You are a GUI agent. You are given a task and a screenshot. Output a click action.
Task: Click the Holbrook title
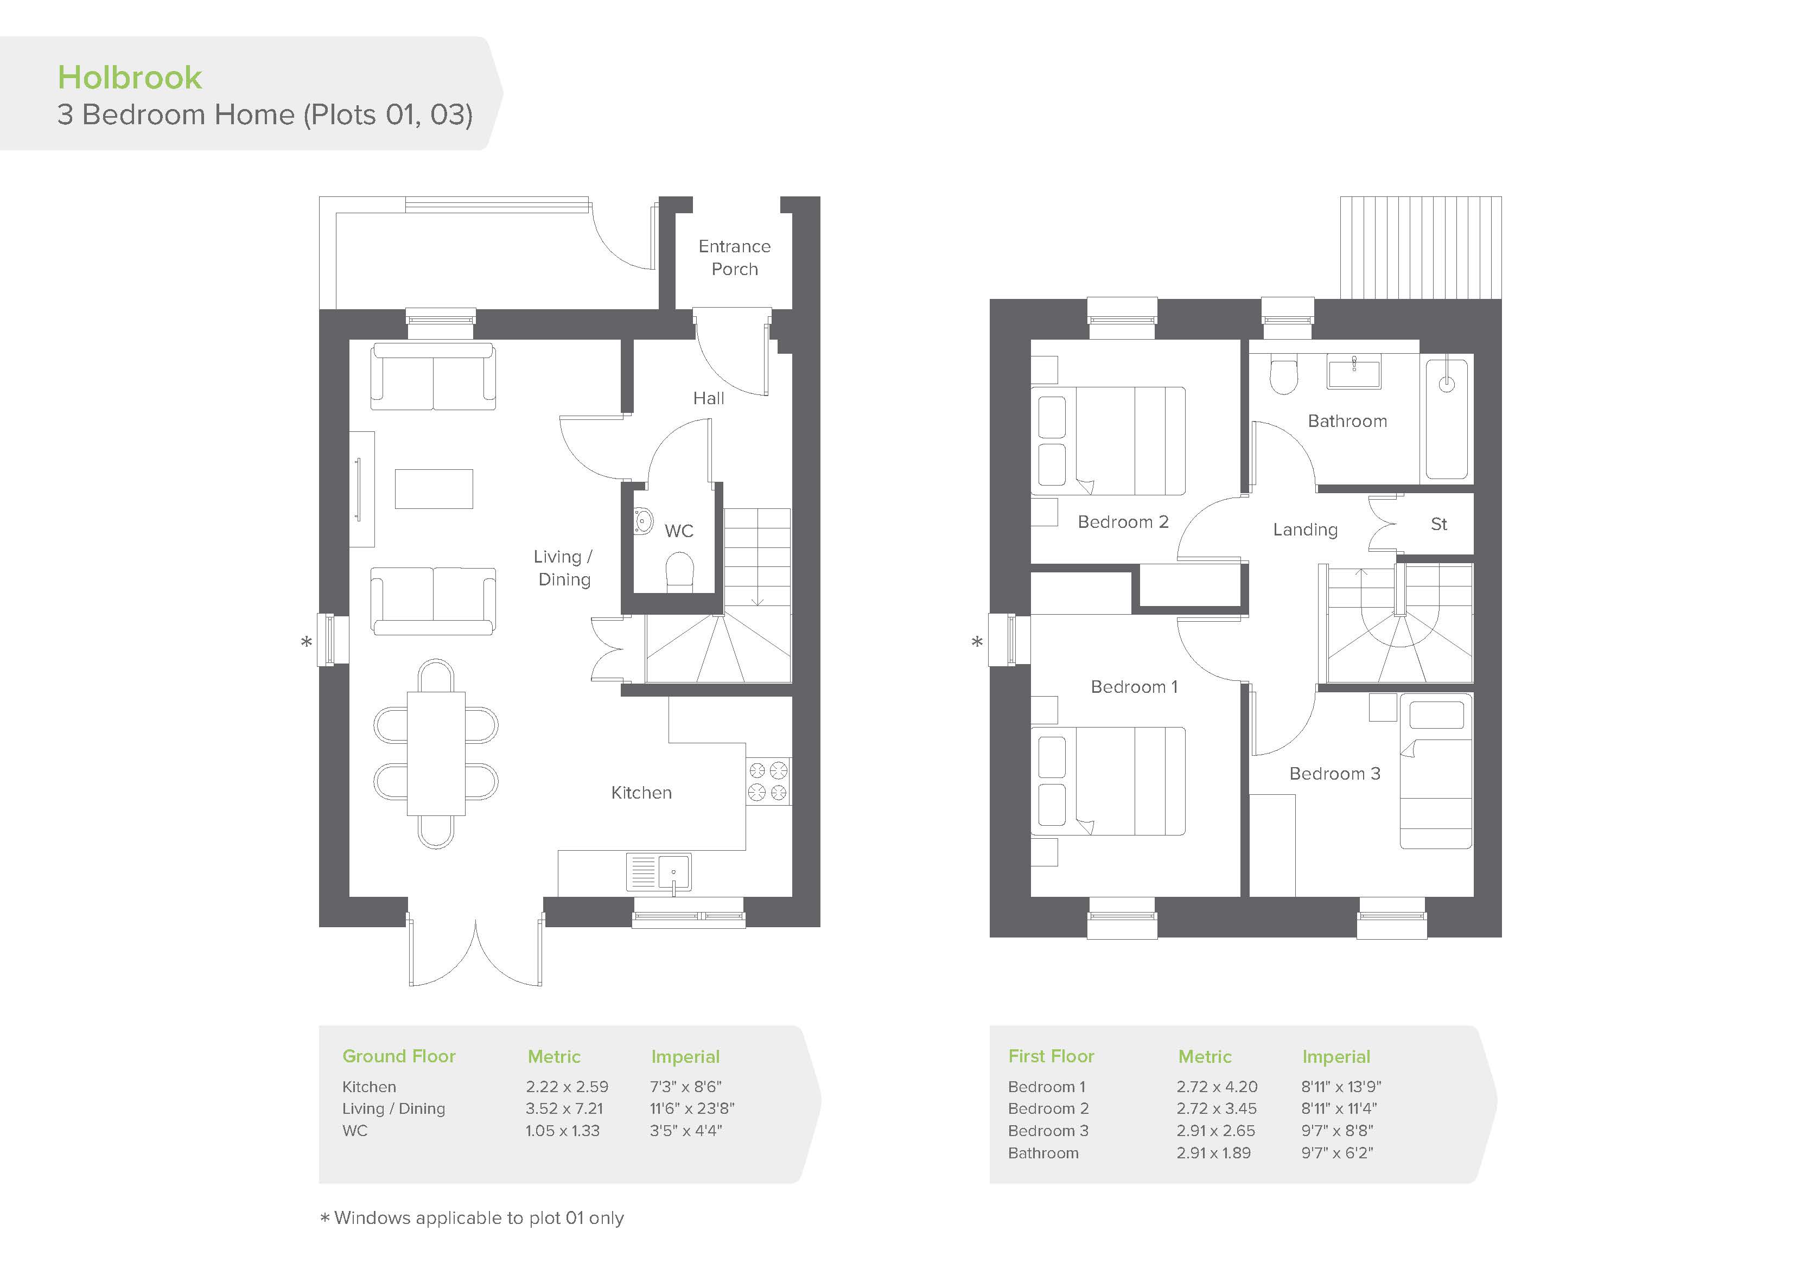pos(130,78)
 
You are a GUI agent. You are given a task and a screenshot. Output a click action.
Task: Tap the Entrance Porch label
pos(734,257)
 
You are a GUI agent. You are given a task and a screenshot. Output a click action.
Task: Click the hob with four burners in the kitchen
pos(768,781)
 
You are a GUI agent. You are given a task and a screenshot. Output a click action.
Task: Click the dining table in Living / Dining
pos(436,754)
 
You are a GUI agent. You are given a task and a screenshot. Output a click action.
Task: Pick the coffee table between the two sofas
pos(434,489)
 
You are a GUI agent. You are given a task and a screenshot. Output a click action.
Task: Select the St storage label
pos(1438,524)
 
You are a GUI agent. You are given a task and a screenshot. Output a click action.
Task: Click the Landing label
pos(1305,530)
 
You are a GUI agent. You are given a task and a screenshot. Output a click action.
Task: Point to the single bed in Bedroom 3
pos(1435,771)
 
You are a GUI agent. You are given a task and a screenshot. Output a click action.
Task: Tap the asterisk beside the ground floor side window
pos(307,642)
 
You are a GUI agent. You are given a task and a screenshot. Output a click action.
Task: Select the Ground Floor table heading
pos(399,1056)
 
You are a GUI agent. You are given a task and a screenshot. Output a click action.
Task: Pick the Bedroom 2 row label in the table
pos(1048,1109)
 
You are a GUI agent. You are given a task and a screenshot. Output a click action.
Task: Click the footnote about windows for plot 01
pos(472,1218)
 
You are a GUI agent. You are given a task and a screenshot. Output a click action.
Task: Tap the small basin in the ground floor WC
pos(644,521)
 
